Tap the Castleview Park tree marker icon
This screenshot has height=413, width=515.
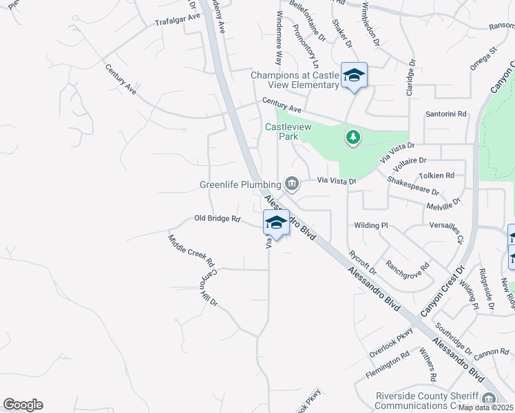click(353, 138)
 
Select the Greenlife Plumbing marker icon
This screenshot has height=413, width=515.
click(291, 183)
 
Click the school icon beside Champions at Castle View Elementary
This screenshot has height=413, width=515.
click(354, 75)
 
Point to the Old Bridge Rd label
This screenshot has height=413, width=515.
click(217, 219)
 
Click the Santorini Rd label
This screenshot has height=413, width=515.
click(446, 114)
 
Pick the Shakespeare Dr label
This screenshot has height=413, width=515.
click(413, 185)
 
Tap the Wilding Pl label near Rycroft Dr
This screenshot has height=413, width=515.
click(371, 225)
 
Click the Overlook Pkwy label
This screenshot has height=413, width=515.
click(391, 341)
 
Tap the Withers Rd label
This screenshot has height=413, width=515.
click(428, 366)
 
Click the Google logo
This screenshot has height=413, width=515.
click(23, 405)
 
